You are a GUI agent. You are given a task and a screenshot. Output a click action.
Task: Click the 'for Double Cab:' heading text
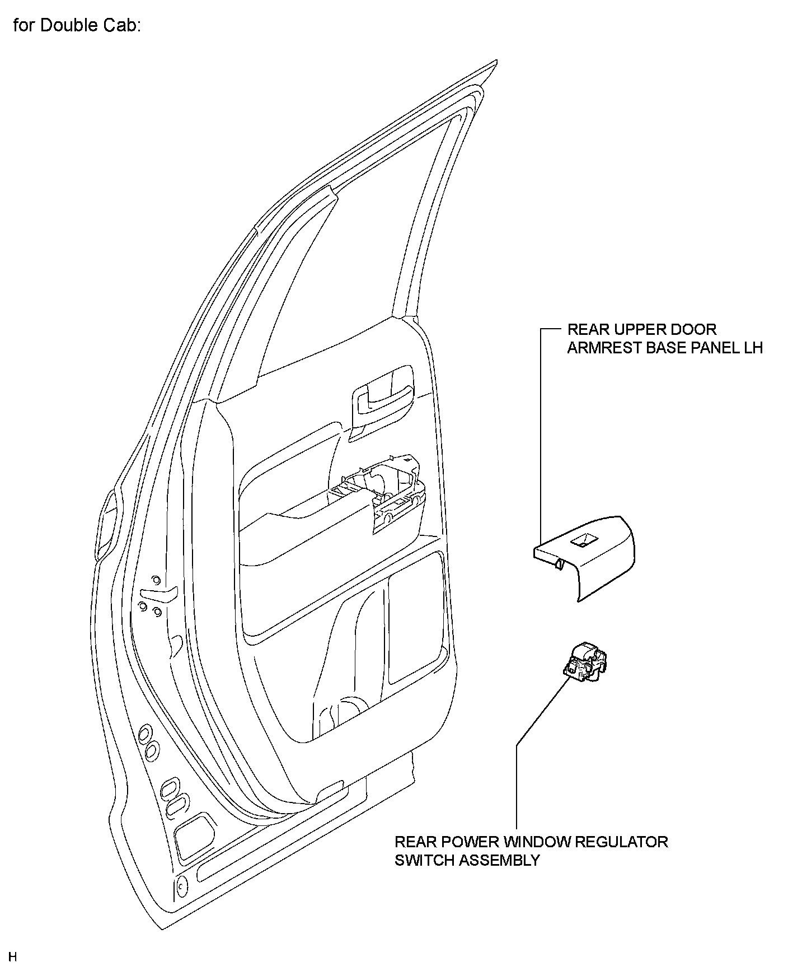pyautogui.click(x=76, y=26)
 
